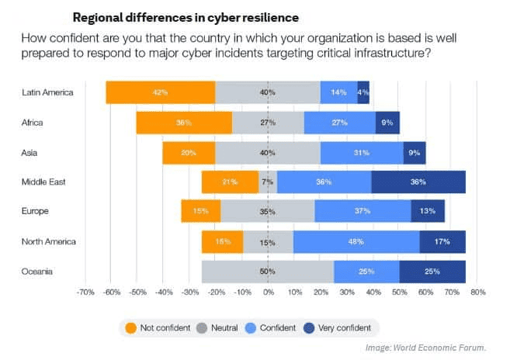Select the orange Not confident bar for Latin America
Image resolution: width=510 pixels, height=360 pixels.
pos(161,92)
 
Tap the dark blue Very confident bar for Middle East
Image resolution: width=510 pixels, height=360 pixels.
pos(418,182)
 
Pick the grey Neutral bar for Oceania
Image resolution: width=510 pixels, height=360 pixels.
pos(268,272)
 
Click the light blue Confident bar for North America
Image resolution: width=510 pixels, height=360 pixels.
pos(356,242)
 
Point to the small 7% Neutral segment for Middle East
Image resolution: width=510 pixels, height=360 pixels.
pos(268,182)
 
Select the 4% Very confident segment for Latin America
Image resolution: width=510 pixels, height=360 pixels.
pos(363,92)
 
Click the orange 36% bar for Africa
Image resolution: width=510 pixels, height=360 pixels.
pos(184,123)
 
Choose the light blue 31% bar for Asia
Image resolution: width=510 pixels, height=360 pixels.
pos(362,152)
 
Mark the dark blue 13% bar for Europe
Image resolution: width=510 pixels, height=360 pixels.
pos(428,212)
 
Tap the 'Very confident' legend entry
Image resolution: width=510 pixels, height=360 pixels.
pos(338,327)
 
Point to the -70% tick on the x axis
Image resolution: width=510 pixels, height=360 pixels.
pos(85,293)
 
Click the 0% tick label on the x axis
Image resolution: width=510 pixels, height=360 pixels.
pos(268,293)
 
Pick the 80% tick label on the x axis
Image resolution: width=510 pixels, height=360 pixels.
pos(478,293)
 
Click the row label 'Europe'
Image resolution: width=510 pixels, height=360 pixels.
pos(36,212)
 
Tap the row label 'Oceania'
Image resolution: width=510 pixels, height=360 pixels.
pos(38,272)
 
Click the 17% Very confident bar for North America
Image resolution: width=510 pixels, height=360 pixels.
pos(442,242)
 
